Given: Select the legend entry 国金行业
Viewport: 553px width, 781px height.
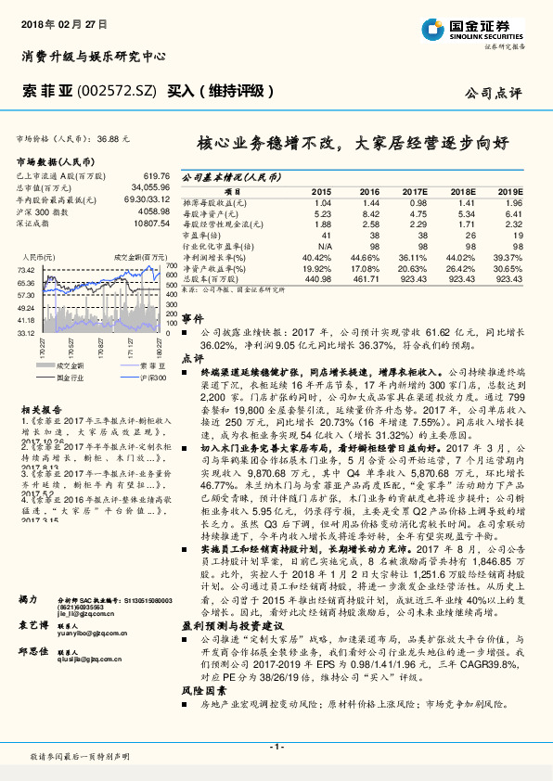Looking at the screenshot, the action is pyautogui.click(x=71, y=378).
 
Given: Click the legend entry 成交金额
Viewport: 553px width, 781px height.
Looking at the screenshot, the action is pyautogui.click(x=71, y=365).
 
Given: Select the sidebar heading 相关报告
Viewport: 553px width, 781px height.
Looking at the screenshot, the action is pyautogui.click(x=41, y=407).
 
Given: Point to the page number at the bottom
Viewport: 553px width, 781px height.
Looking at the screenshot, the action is pyautogui.click(x=276, y=747).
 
